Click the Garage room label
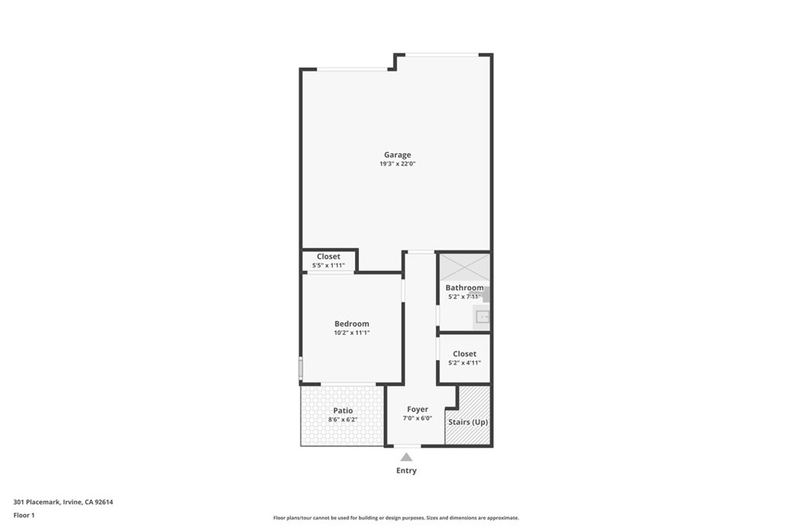(398, 155)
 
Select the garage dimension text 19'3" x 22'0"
(398, 164)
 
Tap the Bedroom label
(351, 324)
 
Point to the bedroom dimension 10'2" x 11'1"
(351, 333)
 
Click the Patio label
(343, 410)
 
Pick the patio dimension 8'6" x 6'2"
(343, 420)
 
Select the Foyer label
(418, 410)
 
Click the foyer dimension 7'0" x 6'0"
(418, 418)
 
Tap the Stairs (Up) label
(468, 422)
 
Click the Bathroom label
(464, 288)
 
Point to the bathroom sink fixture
(482, 316)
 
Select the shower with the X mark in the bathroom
(464, 266)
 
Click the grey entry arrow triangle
(406, 457)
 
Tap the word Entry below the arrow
(406, 471)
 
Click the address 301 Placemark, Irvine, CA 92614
(63, 502)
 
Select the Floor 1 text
(24, 515)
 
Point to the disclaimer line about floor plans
(395, 518)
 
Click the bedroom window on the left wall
(301, 368)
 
